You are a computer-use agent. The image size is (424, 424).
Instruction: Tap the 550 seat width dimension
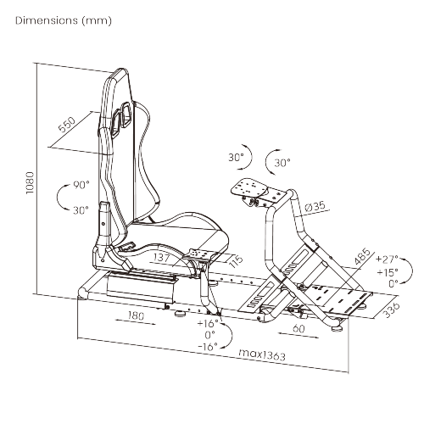[x=66, y=127]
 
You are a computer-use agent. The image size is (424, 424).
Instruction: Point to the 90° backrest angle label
[x=81, y=185]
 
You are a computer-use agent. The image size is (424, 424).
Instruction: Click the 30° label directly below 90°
[x=81, y=209]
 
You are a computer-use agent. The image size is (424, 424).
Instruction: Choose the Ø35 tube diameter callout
[x=315, y=206]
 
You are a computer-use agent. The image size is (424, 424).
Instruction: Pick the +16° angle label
[x=206, y=323]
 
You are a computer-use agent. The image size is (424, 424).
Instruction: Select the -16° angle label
[x=206, y=346]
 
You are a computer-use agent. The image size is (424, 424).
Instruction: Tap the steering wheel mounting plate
[x=252, y=188]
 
